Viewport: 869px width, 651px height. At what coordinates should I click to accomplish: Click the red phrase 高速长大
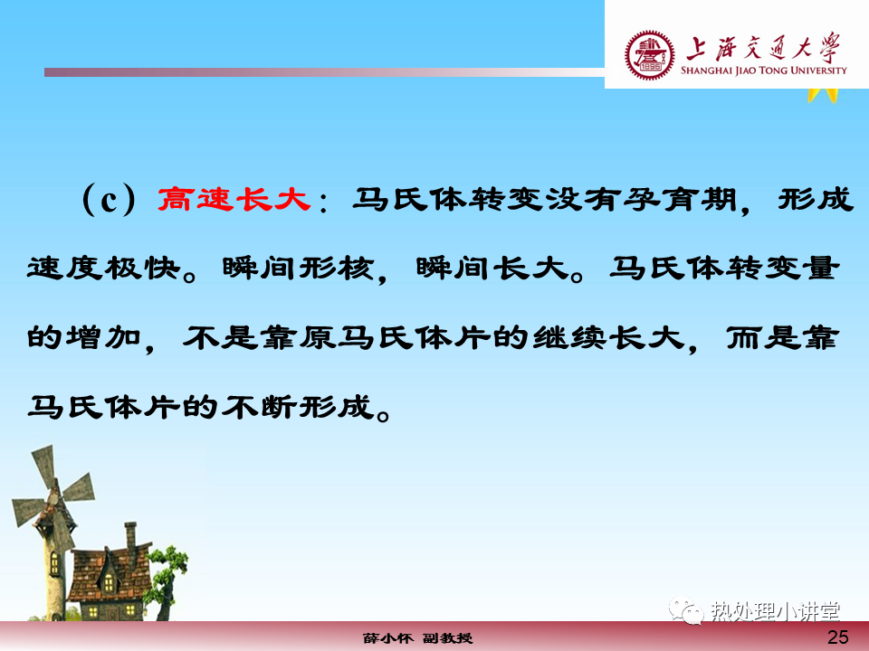point(234,199)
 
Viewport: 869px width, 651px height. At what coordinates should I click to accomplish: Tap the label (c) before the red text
point(109,199)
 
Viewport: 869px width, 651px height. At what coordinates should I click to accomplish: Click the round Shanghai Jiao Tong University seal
point(650,55)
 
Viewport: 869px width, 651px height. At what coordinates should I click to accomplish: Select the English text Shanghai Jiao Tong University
point(764,71)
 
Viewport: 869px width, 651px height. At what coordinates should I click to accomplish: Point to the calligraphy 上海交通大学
point(764,47)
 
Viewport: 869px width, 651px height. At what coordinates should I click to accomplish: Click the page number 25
point(837,637)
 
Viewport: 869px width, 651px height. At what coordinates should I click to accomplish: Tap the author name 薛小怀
point(388,638)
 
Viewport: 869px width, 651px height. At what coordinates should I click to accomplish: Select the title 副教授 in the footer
point(448,638)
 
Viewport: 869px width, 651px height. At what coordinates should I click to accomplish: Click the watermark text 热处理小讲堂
point(776,612)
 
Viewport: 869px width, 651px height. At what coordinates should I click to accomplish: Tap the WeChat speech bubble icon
point(686,610)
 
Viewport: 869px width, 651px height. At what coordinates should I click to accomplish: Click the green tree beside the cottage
point(167,579)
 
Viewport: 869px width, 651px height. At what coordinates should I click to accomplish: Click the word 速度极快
point(104,269)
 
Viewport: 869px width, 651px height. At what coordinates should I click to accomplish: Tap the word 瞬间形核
point(298,269)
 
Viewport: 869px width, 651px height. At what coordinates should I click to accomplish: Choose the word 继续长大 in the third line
point(608,337)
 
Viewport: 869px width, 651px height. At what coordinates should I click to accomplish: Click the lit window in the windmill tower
point(54,564)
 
